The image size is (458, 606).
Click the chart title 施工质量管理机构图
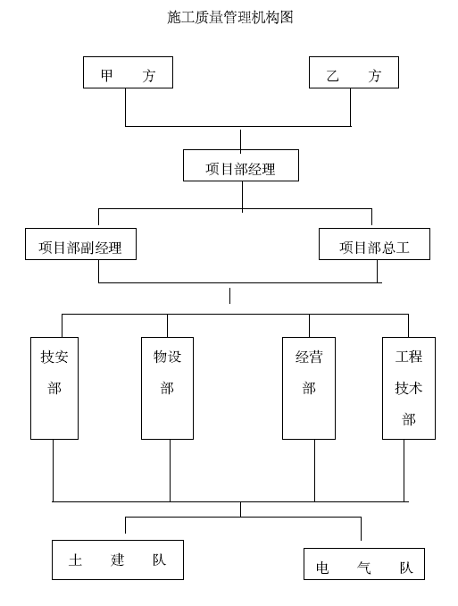230,17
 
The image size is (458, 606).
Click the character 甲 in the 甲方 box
106,75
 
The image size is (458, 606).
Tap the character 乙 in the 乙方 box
332,75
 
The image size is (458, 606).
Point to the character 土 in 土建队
75,560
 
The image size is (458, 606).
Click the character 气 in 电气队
363,568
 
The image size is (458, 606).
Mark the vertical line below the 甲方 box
126,107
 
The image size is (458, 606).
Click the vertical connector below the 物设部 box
170,470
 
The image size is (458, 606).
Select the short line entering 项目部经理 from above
240,140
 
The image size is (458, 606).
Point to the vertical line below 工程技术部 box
404,470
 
